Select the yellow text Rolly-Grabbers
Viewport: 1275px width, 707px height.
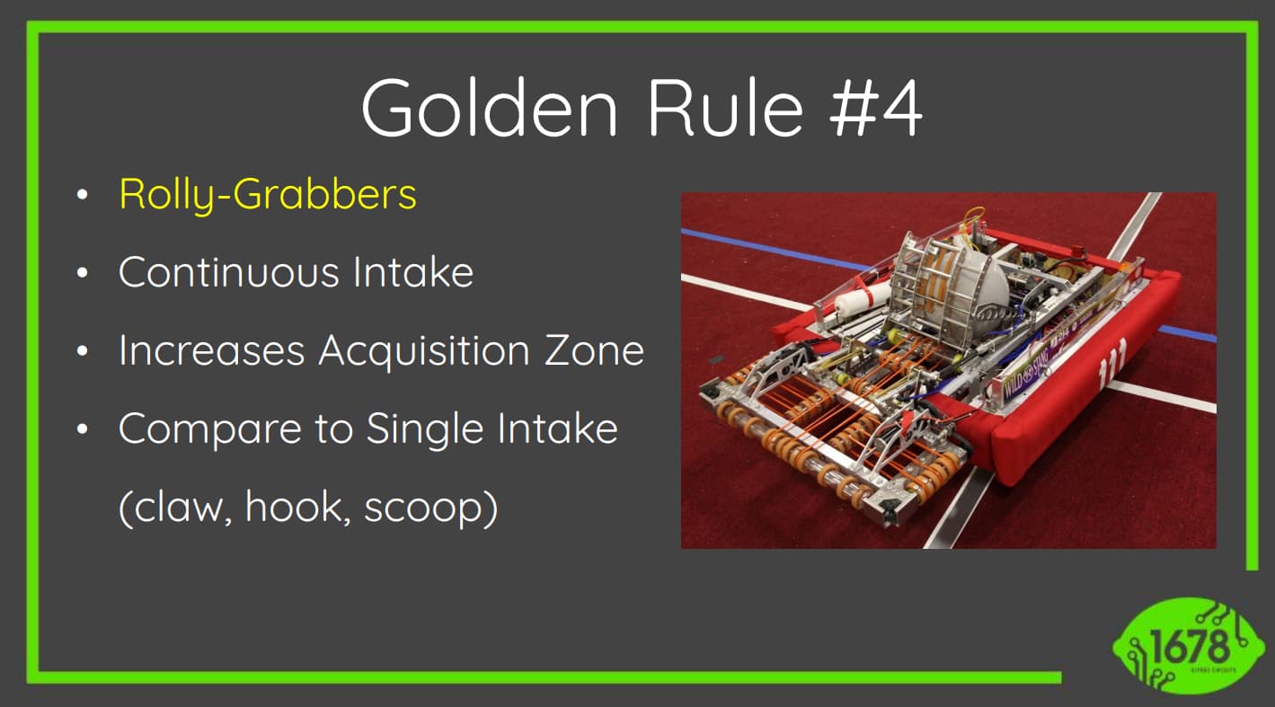(268, 194)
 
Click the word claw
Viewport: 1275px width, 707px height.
(177, 508)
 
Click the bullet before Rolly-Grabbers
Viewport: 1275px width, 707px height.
(84, 195)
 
